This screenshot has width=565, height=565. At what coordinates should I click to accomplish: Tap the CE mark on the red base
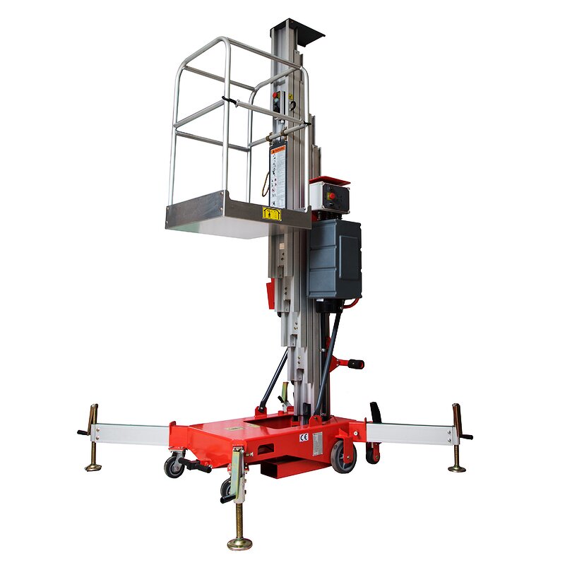pos(304,437)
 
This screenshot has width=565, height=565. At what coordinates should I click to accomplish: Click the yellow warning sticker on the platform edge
pos(271,213)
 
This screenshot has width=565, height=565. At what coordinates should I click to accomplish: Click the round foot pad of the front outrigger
pos(240,543)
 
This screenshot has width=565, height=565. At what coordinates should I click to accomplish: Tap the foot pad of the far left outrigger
pos(93,466)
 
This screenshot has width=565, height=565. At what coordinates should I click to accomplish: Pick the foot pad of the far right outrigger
pos(457,468)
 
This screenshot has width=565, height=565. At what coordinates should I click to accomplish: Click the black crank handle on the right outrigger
pos(466,436)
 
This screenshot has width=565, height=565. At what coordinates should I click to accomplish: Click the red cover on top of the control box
pos(330,180)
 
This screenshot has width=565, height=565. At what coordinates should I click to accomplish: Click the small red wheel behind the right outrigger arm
pos(372,454)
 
